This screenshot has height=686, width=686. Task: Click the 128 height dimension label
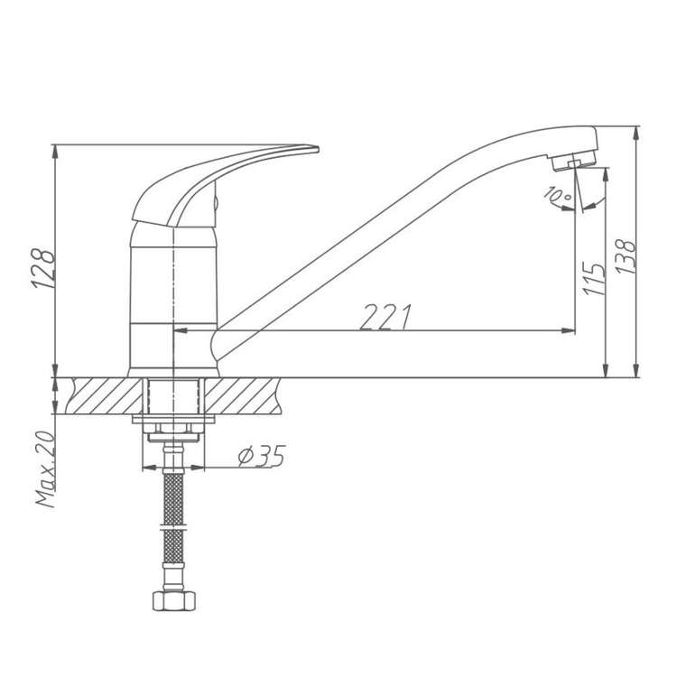(43, 269)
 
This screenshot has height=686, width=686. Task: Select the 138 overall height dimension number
(626, 257)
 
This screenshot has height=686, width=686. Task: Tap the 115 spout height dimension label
(595, 279)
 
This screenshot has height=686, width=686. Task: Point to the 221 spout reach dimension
(385, 316)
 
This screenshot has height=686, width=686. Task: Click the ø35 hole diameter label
(262, 457)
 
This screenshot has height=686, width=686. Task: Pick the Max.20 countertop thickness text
(46, 469)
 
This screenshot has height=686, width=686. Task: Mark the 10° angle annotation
(558, 194)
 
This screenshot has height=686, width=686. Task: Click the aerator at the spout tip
(573, 160)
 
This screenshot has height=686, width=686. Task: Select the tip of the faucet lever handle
(318, 150)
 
